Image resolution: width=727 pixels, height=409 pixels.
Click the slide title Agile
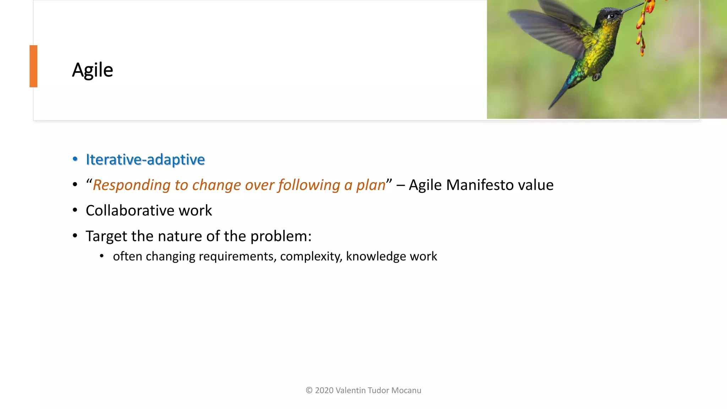click(92, 70)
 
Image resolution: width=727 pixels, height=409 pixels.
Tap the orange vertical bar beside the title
click(33, 66)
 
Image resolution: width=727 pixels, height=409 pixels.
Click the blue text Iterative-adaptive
click(145, 159)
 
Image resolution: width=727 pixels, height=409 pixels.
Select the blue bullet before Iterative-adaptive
click(75, 159)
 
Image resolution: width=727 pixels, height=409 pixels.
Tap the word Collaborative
click(130, 211)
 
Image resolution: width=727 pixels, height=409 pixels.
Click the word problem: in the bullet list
click(281, 236)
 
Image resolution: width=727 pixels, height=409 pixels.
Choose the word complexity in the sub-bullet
click(311, 256)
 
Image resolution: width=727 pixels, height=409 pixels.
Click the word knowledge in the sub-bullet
click(376, 256)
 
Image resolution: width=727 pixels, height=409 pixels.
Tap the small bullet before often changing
click(102, 256)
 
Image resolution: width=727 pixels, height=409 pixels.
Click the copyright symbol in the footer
click(309, 391)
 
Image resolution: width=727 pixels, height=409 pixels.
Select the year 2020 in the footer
click(324, 391)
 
